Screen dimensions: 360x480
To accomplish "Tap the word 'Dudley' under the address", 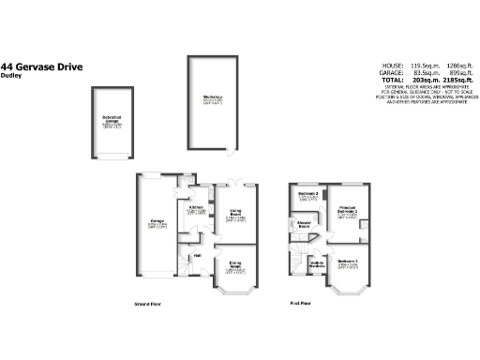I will click(12, 76).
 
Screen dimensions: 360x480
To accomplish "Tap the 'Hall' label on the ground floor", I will click(197, 254).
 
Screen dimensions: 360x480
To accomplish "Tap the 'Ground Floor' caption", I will click(147, 305).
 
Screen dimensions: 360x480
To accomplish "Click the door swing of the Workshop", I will click(229, 149).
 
